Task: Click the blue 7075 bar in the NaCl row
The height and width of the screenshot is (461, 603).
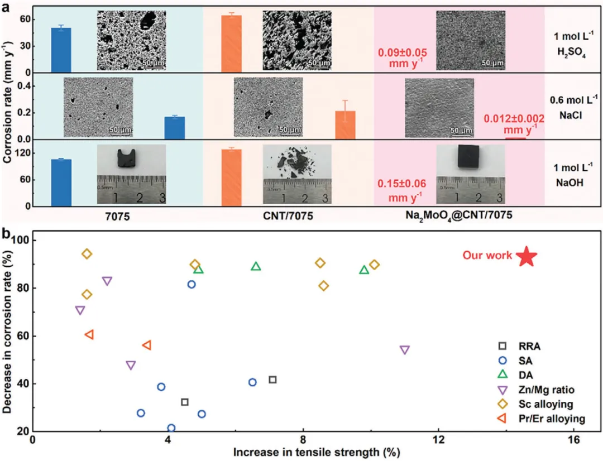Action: pos(174,128)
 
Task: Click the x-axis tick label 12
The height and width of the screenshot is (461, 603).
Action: pos(439,440)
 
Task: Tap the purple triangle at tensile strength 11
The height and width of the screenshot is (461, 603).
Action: pos(405,350)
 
